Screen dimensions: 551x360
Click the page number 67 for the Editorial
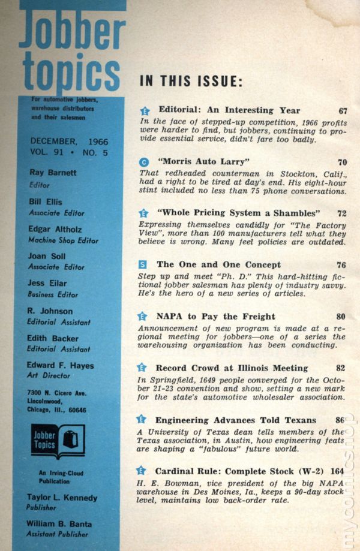[x=343, y=111]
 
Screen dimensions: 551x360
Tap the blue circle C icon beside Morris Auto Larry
[x=143, y=162]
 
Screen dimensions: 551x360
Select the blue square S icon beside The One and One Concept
[x=143, y=264]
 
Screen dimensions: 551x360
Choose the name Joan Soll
[x=46, y=257]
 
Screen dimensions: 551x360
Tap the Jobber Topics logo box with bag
[x=58, y=442]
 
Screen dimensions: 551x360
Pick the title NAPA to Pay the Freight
[x=215, y=316]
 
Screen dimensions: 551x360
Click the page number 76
[x=342, y=264]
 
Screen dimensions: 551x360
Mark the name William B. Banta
[x=58, y=523]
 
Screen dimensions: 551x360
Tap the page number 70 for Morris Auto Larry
[x=342, y=162]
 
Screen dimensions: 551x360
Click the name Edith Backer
[x=53, y=338]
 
